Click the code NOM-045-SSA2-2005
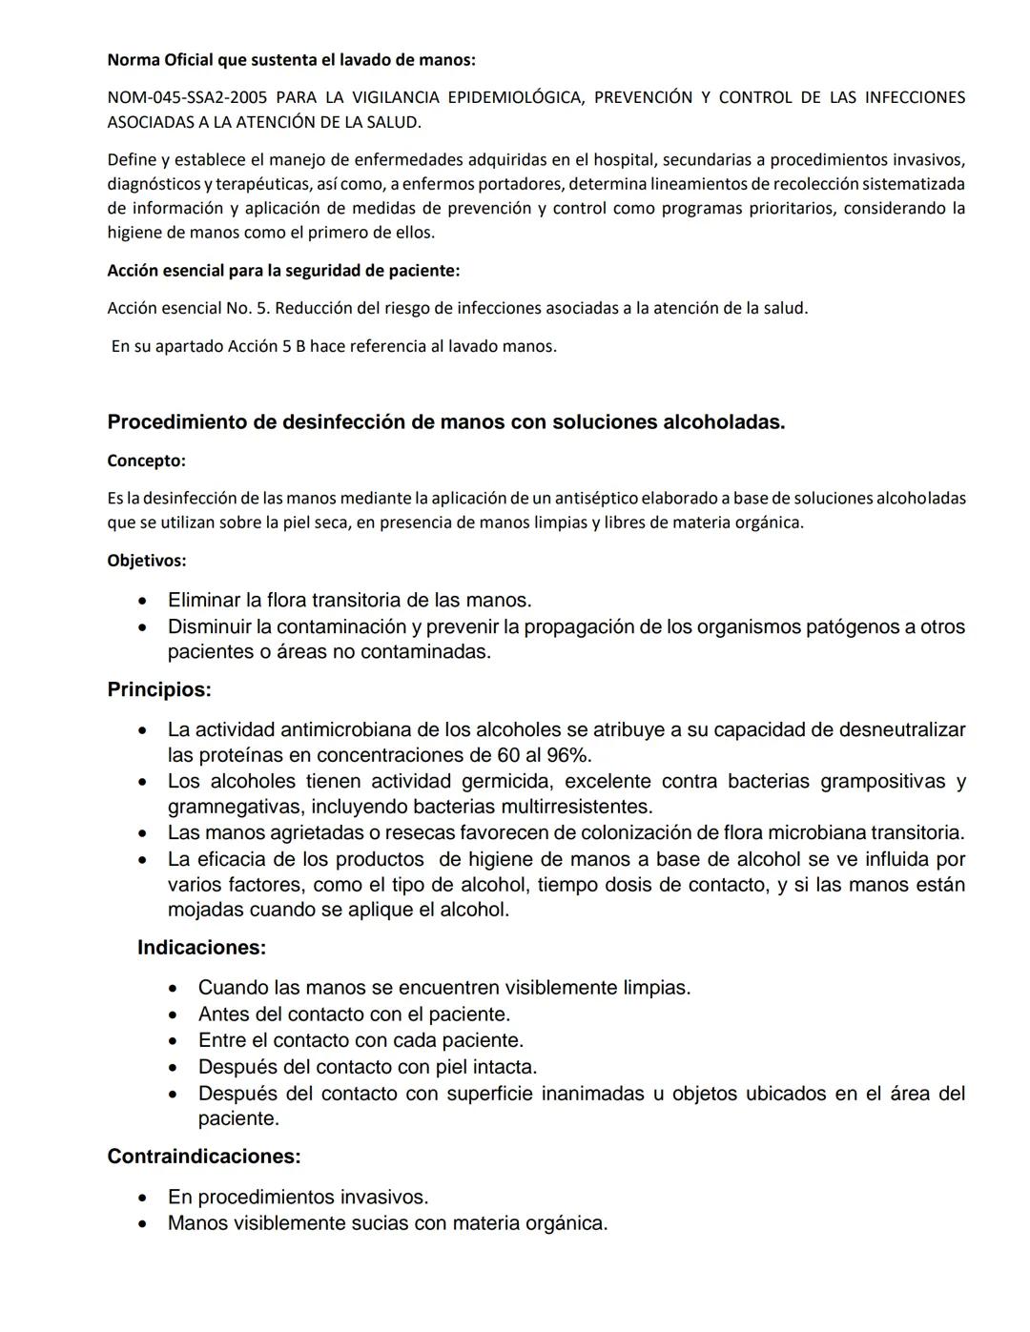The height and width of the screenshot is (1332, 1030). coord(187,97)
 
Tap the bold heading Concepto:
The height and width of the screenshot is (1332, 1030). coord(146,461)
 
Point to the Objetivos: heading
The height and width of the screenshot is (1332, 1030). coord(146,561)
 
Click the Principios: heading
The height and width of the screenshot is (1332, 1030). coord(158,689)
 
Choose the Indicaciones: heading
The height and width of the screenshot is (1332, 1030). coord(201,948)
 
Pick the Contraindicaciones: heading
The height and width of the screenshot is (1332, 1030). coord(203,1157)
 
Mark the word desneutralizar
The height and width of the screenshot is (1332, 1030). coord(902,730)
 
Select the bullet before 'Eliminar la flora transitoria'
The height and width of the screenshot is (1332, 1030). coord(142,602)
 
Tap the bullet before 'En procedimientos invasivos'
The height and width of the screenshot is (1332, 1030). coord(142,1198)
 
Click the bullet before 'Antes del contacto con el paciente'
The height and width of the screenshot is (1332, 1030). coord(173,1015)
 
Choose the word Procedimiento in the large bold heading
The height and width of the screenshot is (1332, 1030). coord(177,422)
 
